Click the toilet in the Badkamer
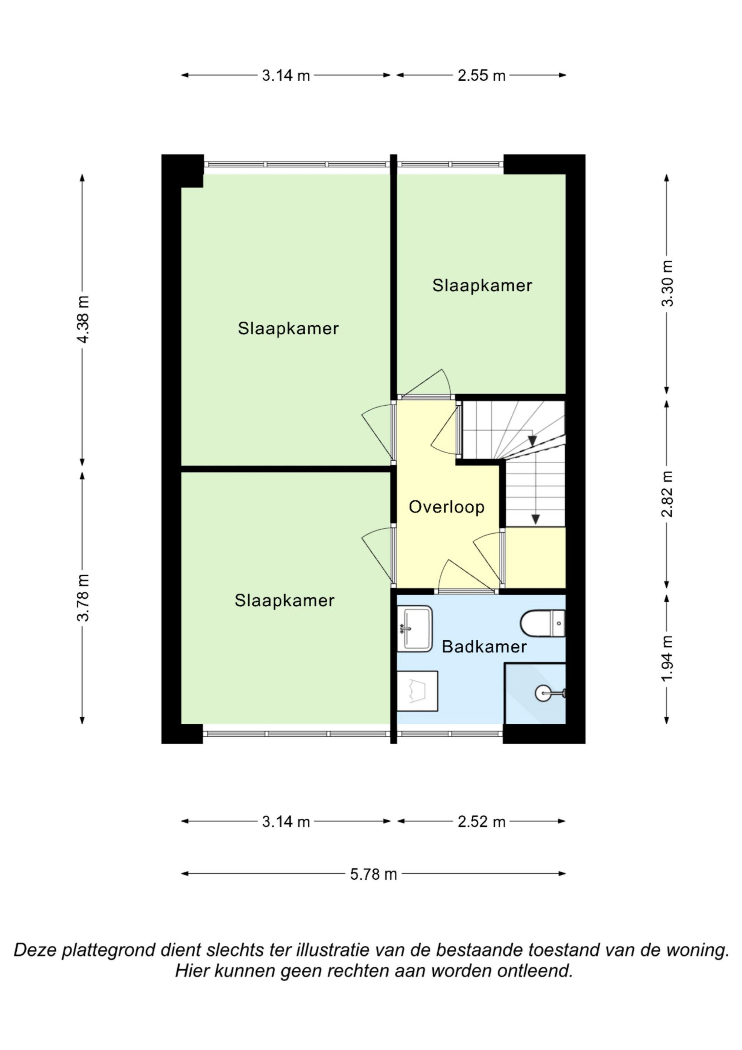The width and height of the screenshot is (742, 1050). (x=543, y=623)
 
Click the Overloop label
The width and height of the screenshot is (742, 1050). (x=446, y=507)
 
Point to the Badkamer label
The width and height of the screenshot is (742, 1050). (x=484, y=647)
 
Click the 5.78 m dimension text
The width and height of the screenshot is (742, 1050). (x=374, y=874)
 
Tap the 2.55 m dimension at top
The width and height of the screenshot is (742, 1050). (x=482, y=75)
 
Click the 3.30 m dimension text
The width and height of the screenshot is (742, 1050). (x=667, y=283)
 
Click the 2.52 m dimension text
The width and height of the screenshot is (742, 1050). (x=482, y=822)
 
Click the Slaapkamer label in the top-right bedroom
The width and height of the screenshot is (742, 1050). (x=482, y=285)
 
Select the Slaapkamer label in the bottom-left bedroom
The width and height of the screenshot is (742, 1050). (x=284, y=601)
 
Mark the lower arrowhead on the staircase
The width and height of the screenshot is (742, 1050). (x=535, y=520)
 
